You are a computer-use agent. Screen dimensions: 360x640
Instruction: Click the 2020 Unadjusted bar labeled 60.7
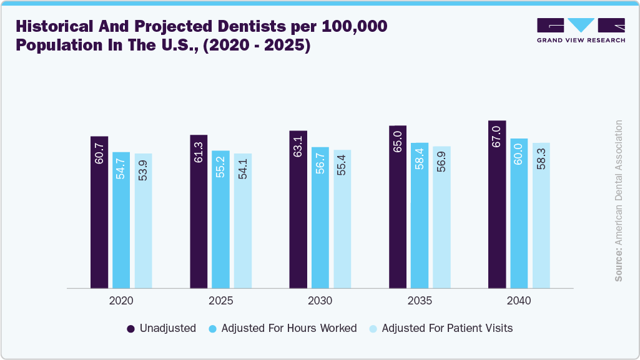click(99, 212)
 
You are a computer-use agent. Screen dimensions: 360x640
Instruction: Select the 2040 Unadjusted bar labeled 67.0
click(497, 204)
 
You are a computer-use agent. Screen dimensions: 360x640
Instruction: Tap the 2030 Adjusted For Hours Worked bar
click(320, 218)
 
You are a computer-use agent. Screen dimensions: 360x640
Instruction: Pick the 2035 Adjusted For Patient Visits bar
click(441, 217)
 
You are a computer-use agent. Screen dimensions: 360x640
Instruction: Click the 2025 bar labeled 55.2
click(220, 219)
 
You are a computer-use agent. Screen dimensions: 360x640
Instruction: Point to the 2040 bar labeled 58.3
click(541, 215)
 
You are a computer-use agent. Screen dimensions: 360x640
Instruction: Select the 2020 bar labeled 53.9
click(143, 221)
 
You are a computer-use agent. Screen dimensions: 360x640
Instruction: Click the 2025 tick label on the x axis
click(220, 301)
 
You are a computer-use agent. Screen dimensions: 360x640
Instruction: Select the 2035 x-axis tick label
click(420, 301)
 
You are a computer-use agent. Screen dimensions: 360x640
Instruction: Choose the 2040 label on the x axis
click(519, 301)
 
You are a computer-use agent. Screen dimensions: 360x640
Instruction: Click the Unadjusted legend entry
click(162, 328)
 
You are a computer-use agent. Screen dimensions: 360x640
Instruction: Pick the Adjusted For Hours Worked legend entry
click(282, 328)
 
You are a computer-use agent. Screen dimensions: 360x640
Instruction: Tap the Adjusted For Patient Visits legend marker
click(373, 328)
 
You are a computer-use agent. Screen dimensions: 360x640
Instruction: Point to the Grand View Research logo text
click(580, 41)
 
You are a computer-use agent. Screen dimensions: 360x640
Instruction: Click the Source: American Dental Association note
click(619, 200)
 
